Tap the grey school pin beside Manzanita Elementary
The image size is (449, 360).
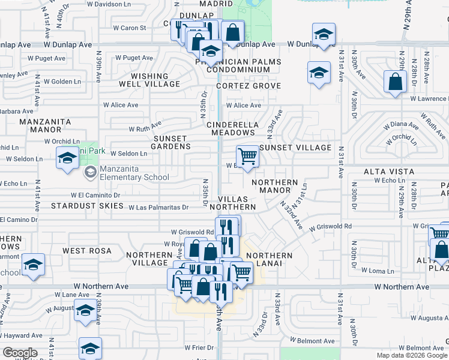coord(90,173)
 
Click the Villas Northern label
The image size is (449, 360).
coord(237,203)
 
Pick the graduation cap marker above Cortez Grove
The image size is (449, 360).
coord(319,74)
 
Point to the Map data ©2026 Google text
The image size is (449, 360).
coord(412,355)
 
